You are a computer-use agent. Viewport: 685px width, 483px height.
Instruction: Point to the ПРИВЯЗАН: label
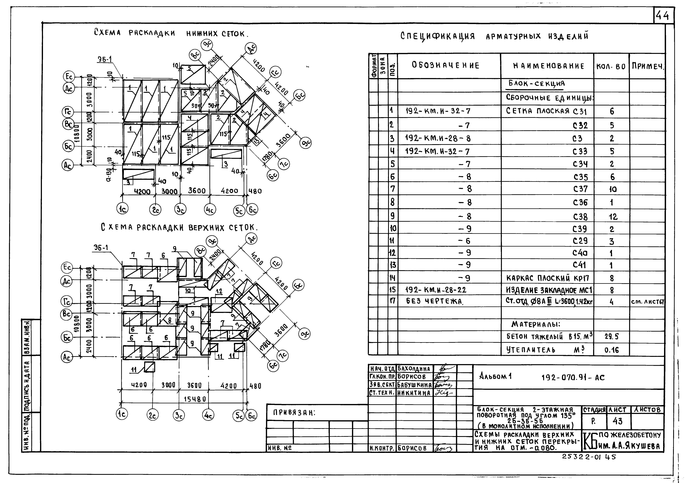(294, 413)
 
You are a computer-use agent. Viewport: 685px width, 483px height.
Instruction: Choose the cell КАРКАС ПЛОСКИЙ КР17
(548, 278)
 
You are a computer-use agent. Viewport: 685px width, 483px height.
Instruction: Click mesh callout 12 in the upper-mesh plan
(219, 291)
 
